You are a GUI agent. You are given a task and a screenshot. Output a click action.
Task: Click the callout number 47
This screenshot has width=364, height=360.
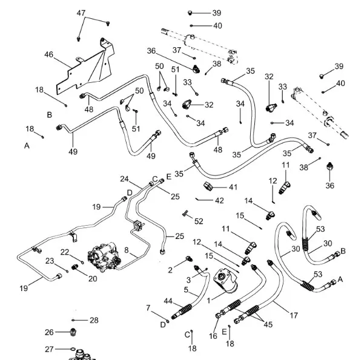81,13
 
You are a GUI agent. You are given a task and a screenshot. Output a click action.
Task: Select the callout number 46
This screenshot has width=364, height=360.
49,54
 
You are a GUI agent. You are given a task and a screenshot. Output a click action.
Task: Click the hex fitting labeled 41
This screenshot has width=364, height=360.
210,185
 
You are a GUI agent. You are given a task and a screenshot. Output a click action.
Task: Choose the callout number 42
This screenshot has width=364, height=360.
219,200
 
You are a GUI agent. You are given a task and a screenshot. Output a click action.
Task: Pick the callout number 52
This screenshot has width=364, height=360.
199,221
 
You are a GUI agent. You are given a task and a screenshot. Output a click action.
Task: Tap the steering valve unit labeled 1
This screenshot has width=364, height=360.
227,283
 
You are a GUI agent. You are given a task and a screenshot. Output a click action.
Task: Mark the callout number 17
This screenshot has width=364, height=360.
294,315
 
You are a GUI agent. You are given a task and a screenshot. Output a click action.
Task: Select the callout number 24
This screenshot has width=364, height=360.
124,179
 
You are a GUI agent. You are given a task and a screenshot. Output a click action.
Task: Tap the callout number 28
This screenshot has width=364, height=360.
93,320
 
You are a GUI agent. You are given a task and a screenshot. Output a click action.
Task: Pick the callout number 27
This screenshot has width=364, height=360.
49,349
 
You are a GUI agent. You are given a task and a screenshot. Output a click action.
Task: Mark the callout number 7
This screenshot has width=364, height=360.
148,309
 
